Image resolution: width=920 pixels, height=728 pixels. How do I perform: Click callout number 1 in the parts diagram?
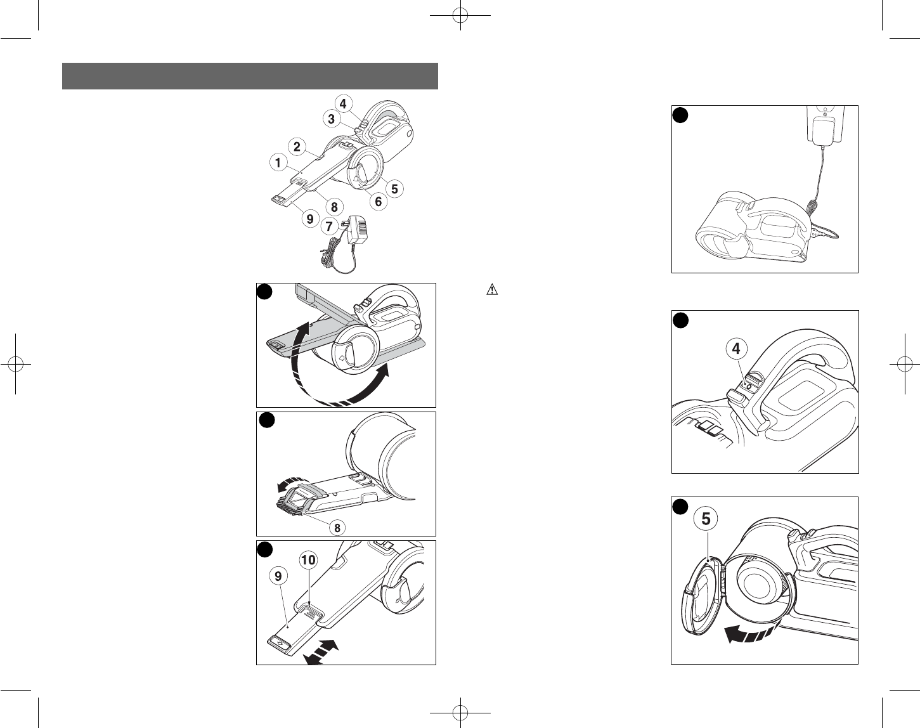(278, 163)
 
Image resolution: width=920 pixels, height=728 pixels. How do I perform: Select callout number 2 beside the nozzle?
(297, 146)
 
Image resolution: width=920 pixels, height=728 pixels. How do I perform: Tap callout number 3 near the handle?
(332, 119)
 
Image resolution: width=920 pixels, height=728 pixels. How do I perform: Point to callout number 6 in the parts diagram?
(379, 202)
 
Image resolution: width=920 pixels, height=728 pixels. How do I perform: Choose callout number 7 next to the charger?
(329, 226)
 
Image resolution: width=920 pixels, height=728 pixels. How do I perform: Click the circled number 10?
(308, 561)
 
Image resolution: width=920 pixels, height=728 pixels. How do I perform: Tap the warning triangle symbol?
(492, 290)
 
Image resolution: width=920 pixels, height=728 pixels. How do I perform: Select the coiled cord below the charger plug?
(338, 257)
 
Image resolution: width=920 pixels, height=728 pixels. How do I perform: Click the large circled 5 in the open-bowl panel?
(706, 519)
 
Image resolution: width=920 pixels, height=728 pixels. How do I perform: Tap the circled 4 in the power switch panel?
(735, 349)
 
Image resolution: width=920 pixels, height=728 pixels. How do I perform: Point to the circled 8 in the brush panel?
(337, 528)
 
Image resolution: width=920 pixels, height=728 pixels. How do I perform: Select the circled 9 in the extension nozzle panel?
(278, 576)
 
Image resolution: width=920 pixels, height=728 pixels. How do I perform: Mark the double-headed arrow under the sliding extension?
(323, 652)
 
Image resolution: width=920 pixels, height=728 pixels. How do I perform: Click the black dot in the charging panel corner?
(680, 115)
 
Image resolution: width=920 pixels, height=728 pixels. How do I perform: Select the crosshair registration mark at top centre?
(460, 16)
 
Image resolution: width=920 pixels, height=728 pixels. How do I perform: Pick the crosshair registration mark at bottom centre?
(460, 713)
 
